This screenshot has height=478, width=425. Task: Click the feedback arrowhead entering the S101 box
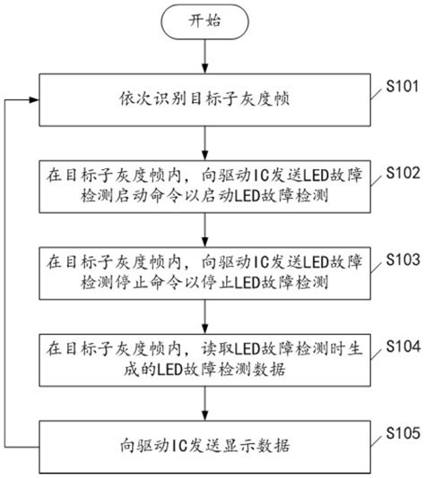(32, 98)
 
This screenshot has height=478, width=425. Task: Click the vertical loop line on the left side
(8, 269)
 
